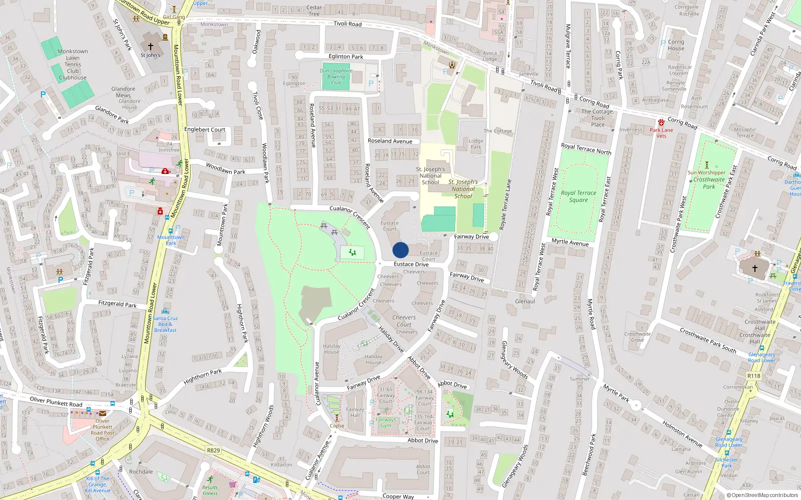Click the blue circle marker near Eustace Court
pyautogui.click(x=400, y=250)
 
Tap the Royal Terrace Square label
pyautogui.click(x=578, y=196)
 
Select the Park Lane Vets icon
pyautogui.click(x=661, y=122)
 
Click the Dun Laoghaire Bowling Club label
pyautogui.click(x=336, y=76)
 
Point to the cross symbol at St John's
pyautogui.click(x=150, y=46)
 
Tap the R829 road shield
pyautogui.click(x=213, y=450)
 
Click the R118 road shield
pyautogui.click(x=753, y=376)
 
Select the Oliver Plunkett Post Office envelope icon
pyautogui.click(x=103, y=413)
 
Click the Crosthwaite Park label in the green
pyautogui.click(x=709, y=183)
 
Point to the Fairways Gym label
pyautogui.click(x=385, y=422)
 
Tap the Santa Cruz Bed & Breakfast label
pyautogui.click(x=165, y=324)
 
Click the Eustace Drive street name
pyautogui.click(x=411, y=264)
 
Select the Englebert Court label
pyautogui.click(x=205, y=129)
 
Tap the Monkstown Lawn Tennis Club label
pyautogui.click(x=73, y=64)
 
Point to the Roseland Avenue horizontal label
pyautogui.click(x=390, y=141)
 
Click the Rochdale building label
pyautogui.click(x=141, y=471)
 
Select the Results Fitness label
pyautogui.click(x=210, y=490)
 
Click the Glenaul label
pyautogui.click(x=525, y=301)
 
